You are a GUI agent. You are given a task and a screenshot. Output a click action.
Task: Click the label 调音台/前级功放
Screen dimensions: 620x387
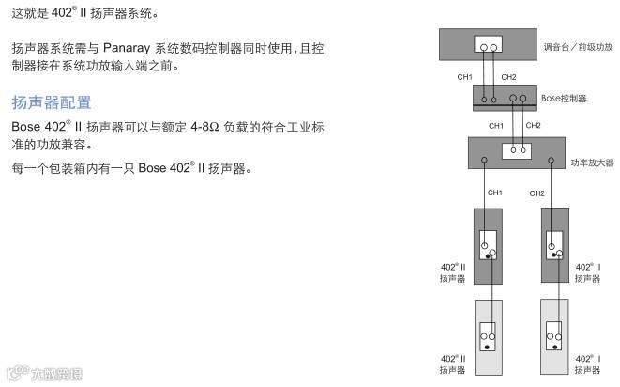click(x=578, y=46)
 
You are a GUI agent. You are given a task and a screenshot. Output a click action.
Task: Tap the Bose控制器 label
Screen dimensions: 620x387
click(x=565, y=98)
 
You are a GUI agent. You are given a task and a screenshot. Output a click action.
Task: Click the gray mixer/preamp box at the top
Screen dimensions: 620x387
click(x=460, y=45)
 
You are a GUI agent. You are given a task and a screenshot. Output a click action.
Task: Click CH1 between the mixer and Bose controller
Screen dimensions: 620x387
click(x=464, y=76)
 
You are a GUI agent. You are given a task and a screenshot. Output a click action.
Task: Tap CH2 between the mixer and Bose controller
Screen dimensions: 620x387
click(x=508, y=76)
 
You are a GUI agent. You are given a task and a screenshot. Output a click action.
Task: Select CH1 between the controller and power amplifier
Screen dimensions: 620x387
click(x=496, y=125)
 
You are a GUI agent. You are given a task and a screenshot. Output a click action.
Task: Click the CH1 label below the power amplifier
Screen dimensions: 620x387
click(x=494, y=193)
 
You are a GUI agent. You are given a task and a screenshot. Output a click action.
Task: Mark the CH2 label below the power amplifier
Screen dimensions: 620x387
click(x=537, y=193)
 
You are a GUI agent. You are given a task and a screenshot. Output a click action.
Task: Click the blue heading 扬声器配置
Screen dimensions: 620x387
click(x=52, y=101)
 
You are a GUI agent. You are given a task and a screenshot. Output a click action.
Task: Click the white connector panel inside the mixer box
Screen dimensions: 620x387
click(x=487, y=46)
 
